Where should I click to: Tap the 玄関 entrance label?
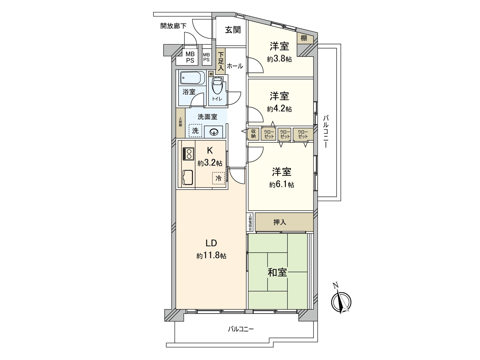click(x=233, y=30)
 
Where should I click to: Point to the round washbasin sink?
click(x=214, y=131)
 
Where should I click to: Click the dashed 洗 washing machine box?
click(x=195, y=131)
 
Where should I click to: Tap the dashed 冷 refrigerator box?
click(x=218, y=178)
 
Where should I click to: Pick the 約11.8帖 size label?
click(x=211, y=256)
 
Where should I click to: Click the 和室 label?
click(x=277, y=272)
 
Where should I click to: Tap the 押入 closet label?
click(x=280, y=222)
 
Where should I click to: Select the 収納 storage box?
click(x=253, y=134)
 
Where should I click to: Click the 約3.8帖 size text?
click(x=279, y=59)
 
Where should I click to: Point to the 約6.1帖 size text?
click(x=281, y=185)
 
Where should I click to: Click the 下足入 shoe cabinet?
click(x=221, y=61)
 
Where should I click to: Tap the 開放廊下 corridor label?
click(x=173, y=26)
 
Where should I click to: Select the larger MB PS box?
click(x=190, y=57)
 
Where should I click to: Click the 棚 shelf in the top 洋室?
click(x=304, y=38)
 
